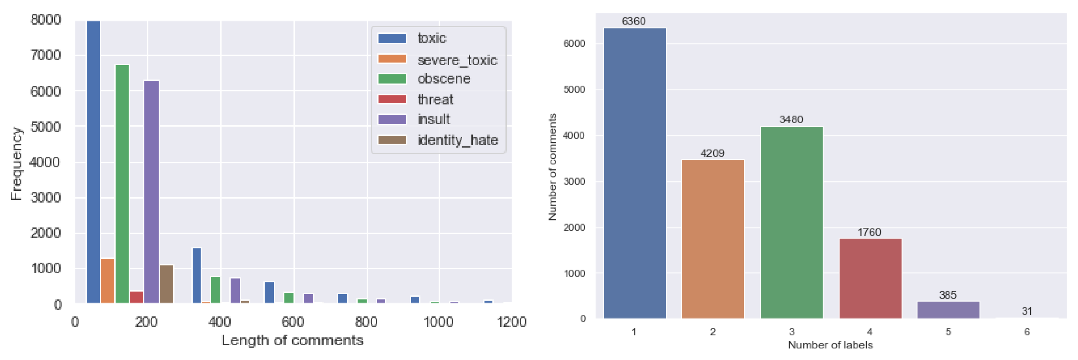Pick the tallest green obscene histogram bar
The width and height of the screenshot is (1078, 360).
pyautogui.click(x=122, y=184)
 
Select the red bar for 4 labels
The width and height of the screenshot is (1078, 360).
pyautogui.click(x=870, y=279)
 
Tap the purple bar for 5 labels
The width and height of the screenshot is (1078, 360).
pyautogui.click(x=948, y=310)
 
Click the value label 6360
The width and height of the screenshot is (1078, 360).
pyautogui.click(x=634, y=21)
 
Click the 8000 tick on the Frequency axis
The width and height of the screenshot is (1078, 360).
pyautogui.click(x=46, y=20)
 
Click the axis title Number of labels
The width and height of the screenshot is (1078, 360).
pyautogui.click(x=830, y=345)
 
